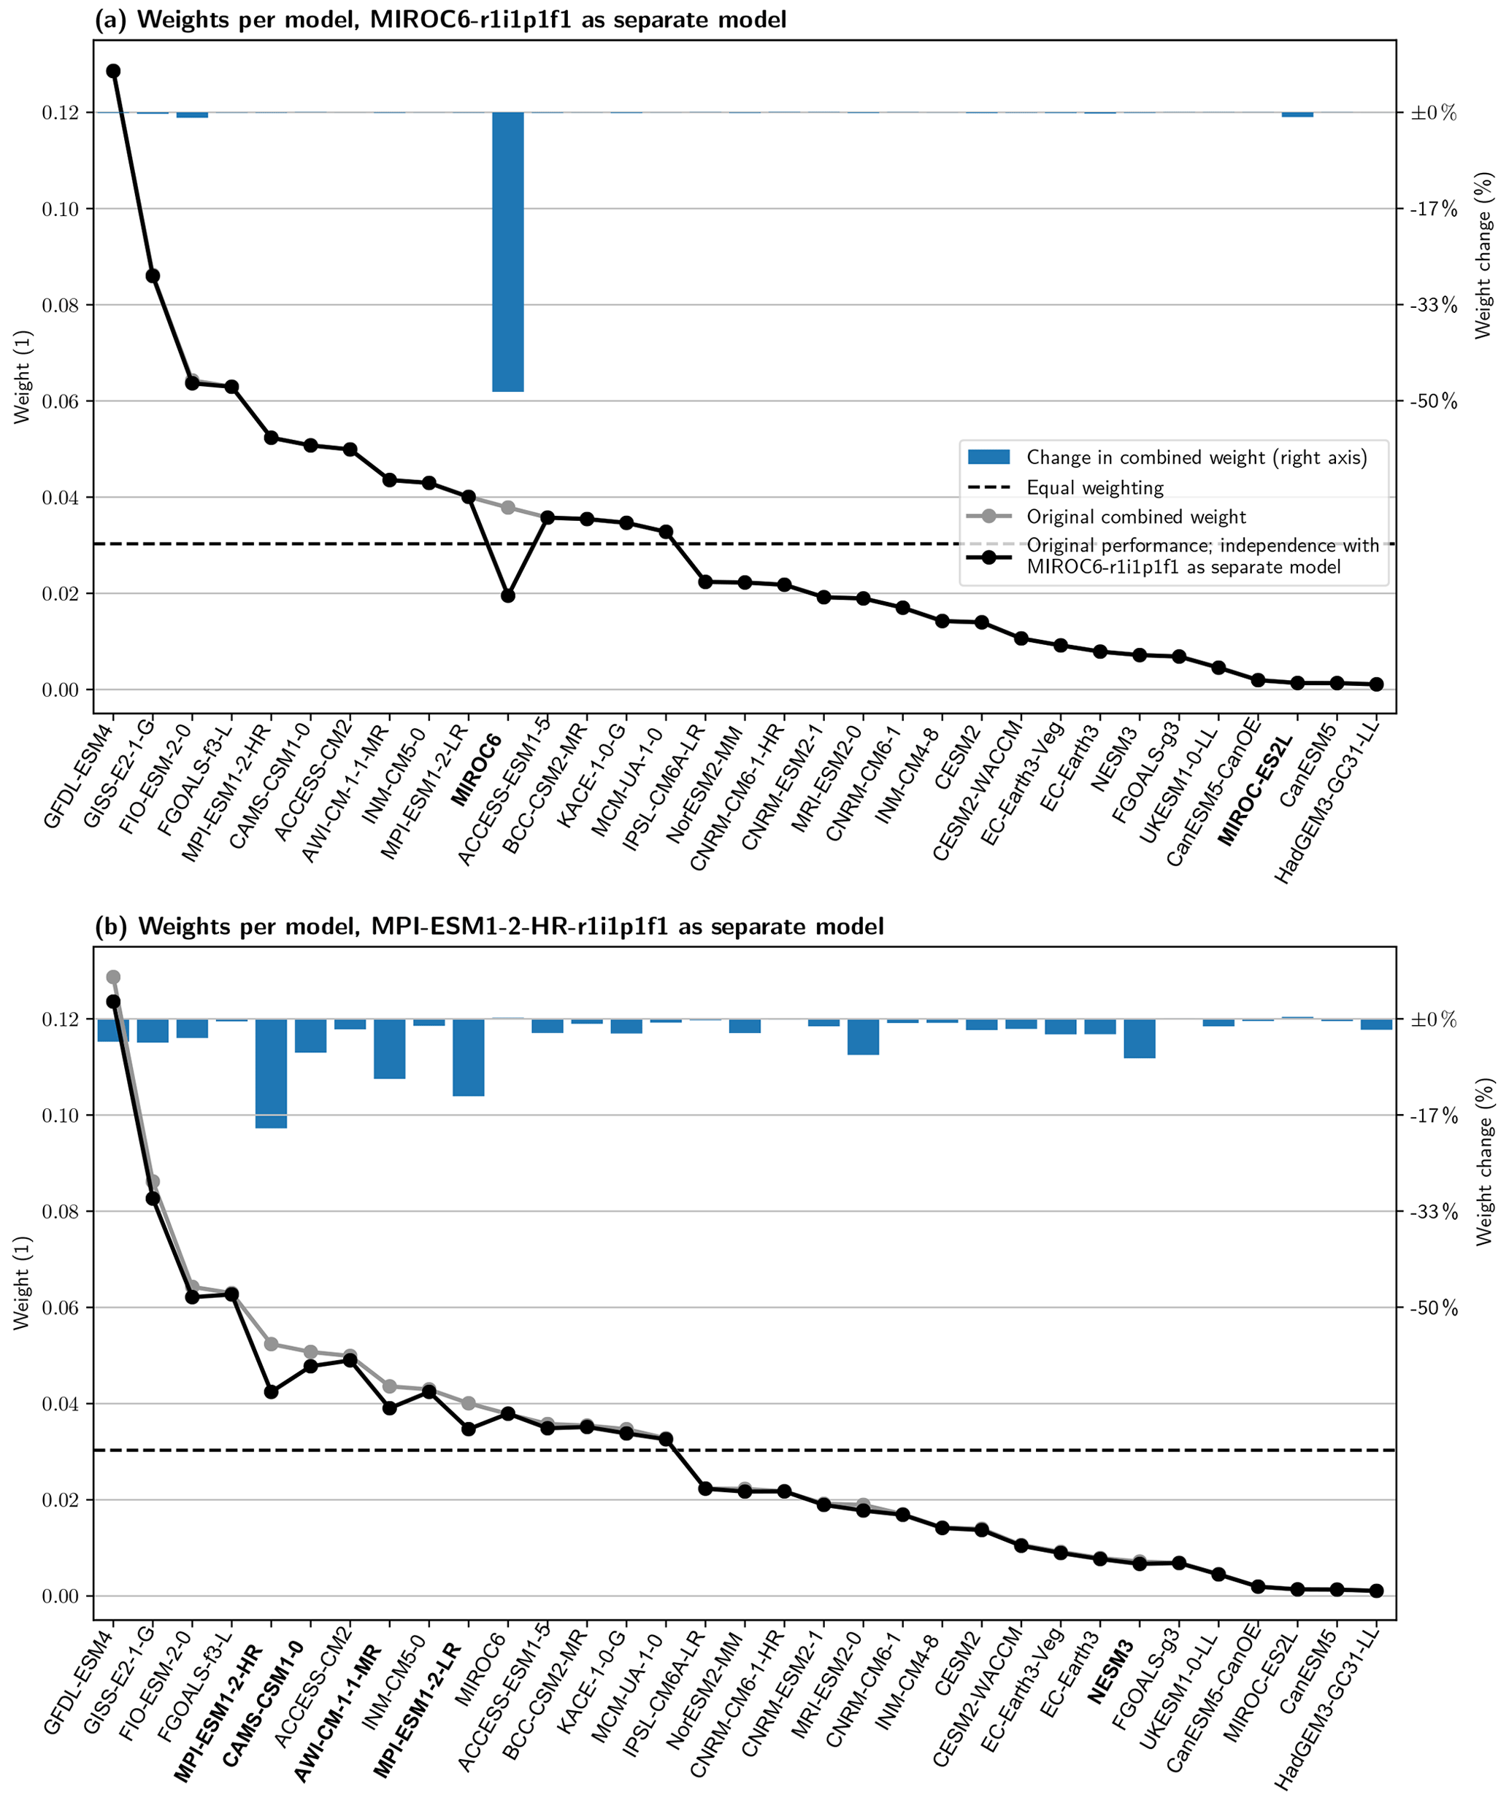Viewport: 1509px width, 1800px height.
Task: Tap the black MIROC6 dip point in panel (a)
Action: point(507,595)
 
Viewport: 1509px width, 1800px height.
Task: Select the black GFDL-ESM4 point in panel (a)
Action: point(113,72)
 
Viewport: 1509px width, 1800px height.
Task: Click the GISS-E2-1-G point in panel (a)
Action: point(153,276)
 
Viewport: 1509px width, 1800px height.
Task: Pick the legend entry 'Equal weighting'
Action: point(1095,487)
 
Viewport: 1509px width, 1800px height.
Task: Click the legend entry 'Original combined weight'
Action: point(1136,517)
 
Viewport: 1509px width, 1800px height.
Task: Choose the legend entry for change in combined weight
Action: point(1196,457)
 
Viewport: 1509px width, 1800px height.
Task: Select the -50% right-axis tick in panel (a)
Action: point(1434,401)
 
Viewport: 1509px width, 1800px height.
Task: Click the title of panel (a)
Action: point(439,20)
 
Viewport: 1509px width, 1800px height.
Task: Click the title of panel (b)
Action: point(488,927)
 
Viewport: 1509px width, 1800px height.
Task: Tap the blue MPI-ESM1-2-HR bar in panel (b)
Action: point(271,1073)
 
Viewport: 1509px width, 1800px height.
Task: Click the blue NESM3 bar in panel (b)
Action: point(1140,1038)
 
